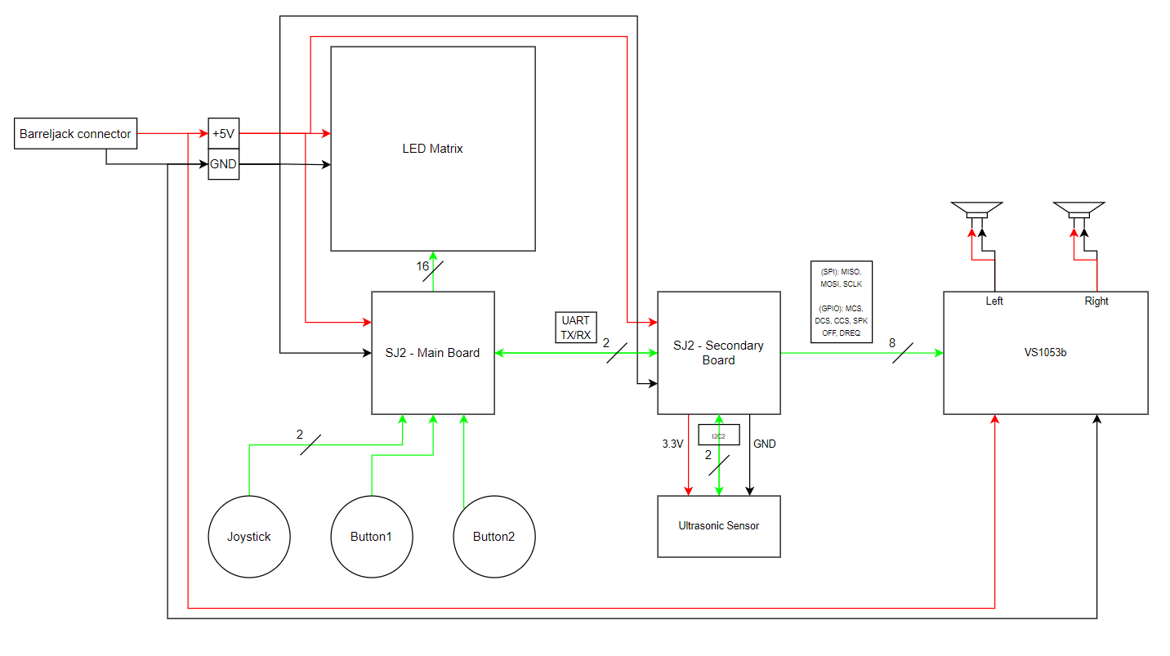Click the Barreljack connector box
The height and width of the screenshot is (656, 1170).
pos(76,134)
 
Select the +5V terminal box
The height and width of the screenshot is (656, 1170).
pos(224,134)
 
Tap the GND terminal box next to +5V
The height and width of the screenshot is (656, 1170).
pos(224,164)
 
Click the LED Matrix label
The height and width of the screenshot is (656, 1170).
pos(432,149)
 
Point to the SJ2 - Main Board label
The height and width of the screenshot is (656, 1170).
pos(432,353)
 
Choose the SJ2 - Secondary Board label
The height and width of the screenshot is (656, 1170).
pos(719,353)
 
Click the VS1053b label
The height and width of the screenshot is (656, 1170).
pos(1045,353)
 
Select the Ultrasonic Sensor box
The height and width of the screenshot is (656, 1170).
pos(719,526)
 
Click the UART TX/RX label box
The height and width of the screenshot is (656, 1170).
pos(575,328)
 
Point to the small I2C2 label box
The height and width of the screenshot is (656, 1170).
pos(719,435)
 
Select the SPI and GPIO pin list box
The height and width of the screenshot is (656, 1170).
pos(842,302)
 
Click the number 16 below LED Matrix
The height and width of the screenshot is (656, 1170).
pos(422,266)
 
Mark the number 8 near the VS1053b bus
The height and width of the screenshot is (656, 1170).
pos(892,343)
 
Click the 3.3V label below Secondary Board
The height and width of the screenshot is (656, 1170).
pos(672,444)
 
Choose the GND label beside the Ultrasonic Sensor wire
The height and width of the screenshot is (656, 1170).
pos(764,444)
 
